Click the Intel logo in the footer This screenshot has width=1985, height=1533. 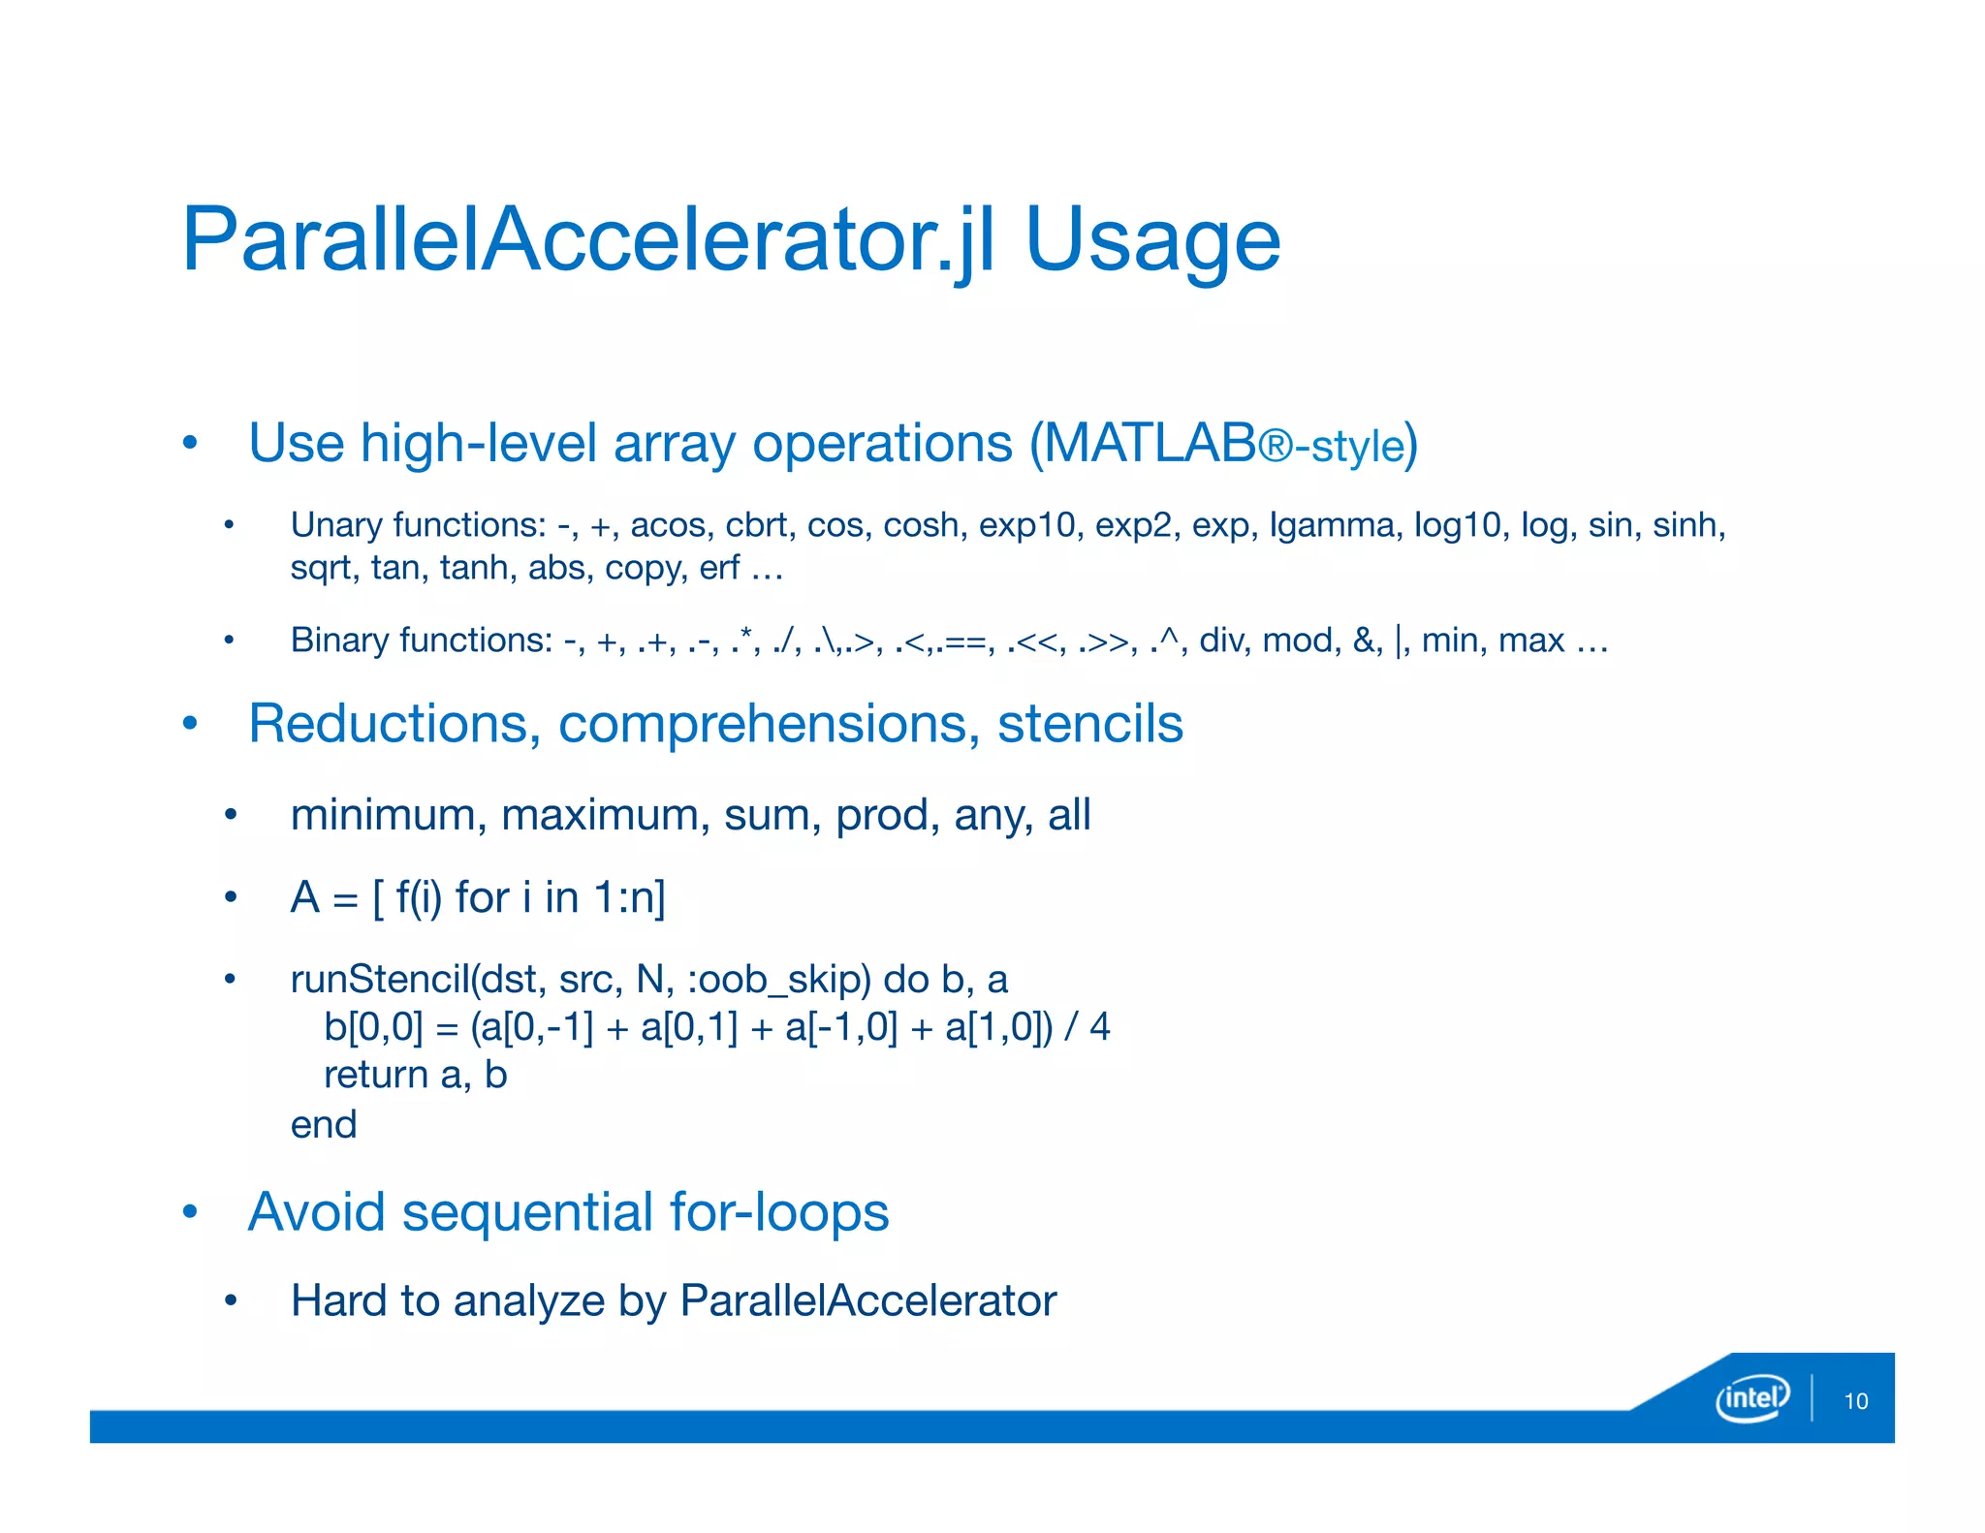(x=1751, y=1398)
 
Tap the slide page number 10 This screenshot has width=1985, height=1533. (x=1855, y=1401)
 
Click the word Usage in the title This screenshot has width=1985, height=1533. (x=1152, y=240)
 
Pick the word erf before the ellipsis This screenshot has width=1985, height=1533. (x=719, y=568)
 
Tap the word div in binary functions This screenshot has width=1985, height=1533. (x=1223, y=641)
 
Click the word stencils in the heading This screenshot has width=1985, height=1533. (x=1089, y=724)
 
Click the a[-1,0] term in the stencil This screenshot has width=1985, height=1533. (x=841, y=1027)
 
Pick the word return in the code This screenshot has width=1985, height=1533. (x=376, y=1076)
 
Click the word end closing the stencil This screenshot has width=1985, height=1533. (x=324, y=1125)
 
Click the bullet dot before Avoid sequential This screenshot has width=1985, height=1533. (x=191, y=1211)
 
